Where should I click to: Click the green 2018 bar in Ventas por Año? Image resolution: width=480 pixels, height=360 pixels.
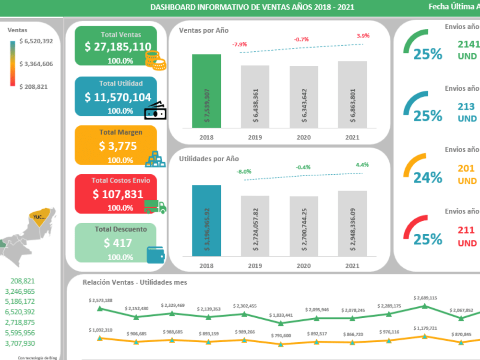coord(206,91)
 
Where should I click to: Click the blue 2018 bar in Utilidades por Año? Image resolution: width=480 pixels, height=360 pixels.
coord(206,221)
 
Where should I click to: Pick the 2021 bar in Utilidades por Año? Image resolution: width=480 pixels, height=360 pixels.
coord(352,224)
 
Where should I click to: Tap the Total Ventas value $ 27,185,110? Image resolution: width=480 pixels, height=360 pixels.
coord(118,47)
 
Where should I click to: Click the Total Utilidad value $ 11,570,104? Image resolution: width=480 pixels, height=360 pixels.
coord(118,97)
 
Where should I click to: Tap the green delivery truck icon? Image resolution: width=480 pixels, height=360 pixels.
coord(155,206)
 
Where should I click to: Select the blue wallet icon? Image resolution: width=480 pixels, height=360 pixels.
coord(156,255)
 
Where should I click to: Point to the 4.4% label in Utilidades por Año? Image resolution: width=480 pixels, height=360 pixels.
coord(362,165)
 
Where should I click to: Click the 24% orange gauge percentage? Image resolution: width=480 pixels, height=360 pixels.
coord(428,178)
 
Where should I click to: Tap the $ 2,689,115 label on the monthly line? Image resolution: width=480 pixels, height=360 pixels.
coord(425,298)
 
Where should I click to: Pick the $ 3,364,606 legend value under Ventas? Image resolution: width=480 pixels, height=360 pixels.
coord(36,64)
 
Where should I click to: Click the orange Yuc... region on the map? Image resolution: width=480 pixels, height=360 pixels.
coord(39,216)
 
